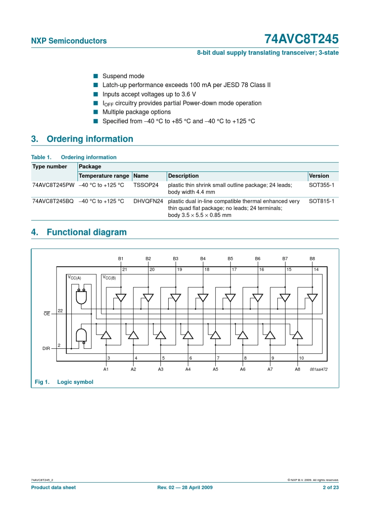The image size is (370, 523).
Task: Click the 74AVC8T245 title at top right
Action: (301, 39)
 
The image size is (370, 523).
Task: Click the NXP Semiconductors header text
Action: (69, 41)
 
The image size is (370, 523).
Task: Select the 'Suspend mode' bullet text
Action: (123, 76)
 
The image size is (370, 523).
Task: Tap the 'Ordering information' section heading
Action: (90, 139)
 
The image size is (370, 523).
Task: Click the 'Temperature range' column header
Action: (104, 176)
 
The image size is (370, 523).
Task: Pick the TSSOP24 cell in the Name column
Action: (146, 185)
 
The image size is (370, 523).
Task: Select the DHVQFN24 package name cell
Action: (148, 201)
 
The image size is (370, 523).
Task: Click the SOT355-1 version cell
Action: (321, 185)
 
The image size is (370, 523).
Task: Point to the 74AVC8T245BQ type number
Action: (53, 201)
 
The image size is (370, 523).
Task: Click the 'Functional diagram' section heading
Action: (86, 232)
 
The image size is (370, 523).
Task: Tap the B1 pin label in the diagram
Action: (121, 259)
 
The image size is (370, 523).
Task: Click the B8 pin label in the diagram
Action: (312, 259)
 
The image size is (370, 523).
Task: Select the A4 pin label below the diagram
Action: (188, 369)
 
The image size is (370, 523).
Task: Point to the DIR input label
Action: (46, 348)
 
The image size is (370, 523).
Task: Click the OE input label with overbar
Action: (47, 314)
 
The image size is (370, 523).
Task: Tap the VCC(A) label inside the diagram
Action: (74, 278)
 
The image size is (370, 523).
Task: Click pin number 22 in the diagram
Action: (60, 311)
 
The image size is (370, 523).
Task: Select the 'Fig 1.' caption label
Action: (42, 382)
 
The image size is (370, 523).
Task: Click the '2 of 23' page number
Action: (331, 487)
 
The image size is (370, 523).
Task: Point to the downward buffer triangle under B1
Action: (121, 297)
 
